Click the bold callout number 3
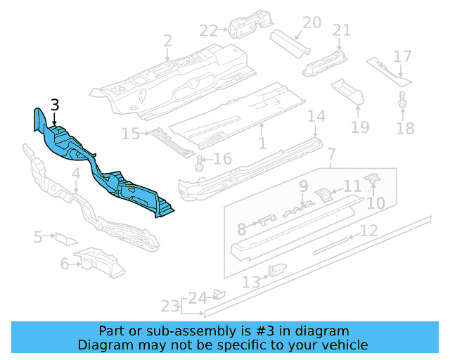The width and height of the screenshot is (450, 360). coord(55,105)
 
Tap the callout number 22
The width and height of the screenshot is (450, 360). coord(209,31)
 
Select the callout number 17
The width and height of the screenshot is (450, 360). coord(402,57)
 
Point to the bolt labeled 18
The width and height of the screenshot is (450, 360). coord(402,100)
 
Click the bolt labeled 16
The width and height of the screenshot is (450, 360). coord(199,163)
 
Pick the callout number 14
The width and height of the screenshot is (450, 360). coord(316,116)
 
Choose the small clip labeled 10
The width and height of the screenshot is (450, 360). coord(373,178)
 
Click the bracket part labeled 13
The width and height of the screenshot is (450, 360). coord(277,270)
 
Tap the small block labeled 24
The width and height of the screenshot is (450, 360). coord(220,295)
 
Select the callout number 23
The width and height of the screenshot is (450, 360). coord(170,306)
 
